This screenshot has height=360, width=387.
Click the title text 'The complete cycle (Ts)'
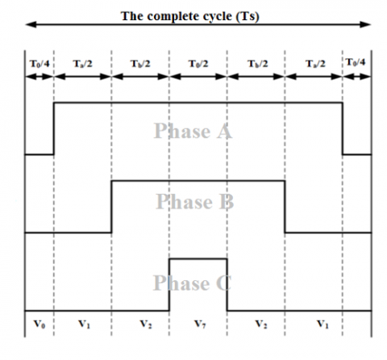[190, 17]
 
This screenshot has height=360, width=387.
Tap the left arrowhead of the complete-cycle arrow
[31, 25]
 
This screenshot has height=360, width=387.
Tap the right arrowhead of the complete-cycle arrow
[365, 25]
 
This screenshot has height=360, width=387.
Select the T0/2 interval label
[198, 64]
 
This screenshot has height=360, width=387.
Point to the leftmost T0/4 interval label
[40, 64]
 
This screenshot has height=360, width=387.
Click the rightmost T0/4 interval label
[356, 62]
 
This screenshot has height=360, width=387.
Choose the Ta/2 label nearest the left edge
[82, 64]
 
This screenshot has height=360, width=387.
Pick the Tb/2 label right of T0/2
[257, 64]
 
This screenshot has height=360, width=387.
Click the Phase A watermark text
[193, 131]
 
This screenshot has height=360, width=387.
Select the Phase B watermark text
[195, 201]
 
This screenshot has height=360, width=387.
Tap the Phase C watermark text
[192, 283]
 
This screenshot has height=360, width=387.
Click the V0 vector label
[40, 324]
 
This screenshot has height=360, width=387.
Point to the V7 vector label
[200, 324]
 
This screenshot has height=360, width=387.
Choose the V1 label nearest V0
[84, 324]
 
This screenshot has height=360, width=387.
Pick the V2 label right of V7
[260, 324]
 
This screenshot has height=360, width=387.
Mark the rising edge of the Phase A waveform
[54, 128]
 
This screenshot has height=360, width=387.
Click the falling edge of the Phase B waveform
[285, 207]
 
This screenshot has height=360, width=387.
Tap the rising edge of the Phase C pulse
[169, 285]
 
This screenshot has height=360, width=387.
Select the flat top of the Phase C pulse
[198, 259]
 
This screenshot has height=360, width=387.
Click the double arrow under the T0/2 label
[198, 77]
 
